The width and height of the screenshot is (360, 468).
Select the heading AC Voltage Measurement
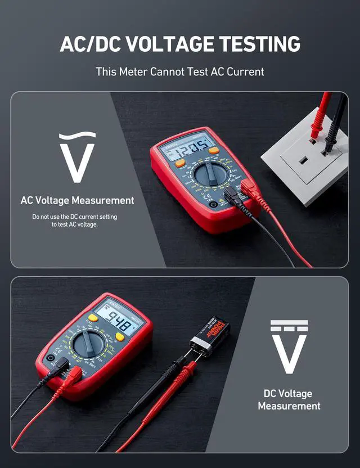tap(77, 200)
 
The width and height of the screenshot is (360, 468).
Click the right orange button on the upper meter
tap(213, 151)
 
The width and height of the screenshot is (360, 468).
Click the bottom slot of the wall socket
tap(302, 161)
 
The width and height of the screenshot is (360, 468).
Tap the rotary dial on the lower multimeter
tap(88, 343)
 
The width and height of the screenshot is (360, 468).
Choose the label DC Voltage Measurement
tap(289, 399)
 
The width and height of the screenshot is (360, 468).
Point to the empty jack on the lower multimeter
tap(51, 358)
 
